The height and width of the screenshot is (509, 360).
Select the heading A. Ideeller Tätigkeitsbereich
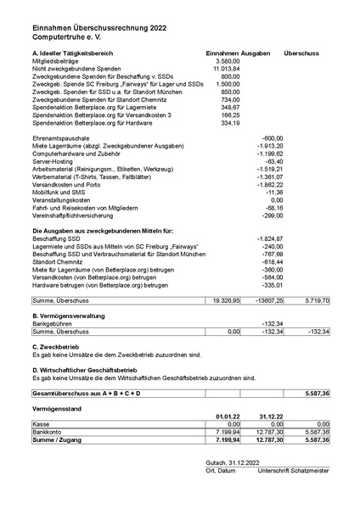pos(78,53)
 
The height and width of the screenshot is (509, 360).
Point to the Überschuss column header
pos(301,53)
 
